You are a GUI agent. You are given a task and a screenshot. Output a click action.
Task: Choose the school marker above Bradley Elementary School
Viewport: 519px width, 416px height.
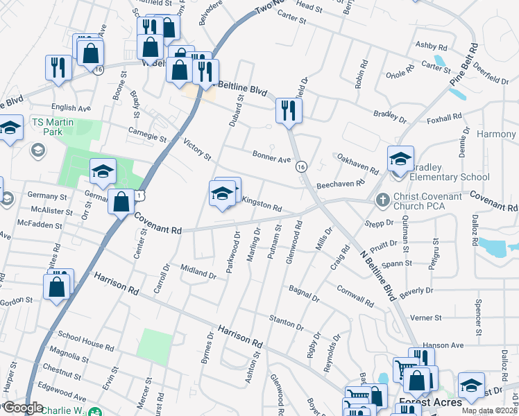400,159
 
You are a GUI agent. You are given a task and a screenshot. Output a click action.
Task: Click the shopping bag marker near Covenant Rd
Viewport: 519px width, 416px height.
121,202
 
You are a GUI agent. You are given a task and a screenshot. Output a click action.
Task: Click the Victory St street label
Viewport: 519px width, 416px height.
197,150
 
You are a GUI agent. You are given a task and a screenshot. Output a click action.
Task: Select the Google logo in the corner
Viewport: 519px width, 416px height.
23,408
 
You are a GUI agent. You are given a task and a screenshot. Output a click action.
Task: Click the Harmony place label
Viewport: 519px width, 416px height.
497,134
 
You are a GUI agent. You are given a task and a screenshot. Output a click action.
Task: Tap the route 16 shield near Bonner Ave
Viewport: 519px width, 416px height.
300,166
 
